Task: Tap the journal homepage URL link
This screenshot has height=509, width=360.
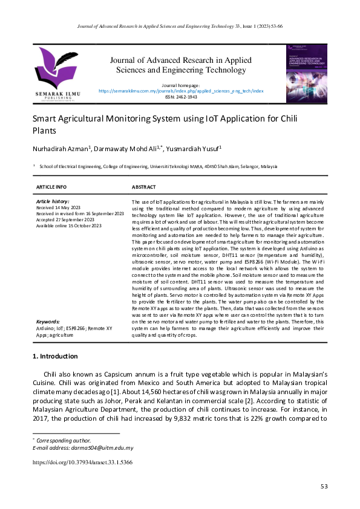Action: click(x=181, y=91)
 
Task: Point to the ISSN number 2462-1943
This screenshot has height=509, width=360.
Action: click(x=181, y=97)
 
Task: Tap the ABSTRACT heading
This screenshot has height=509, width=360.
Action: click(x=143, y=187)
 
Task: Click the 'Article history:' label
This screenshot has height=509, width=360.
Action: click(x=53, y=201)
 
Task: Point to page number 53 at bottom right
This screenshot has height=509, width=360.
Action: click(x=323, y=487)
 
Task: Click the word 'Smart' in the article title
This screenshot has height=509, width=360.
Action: click(x=44, y=119)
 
